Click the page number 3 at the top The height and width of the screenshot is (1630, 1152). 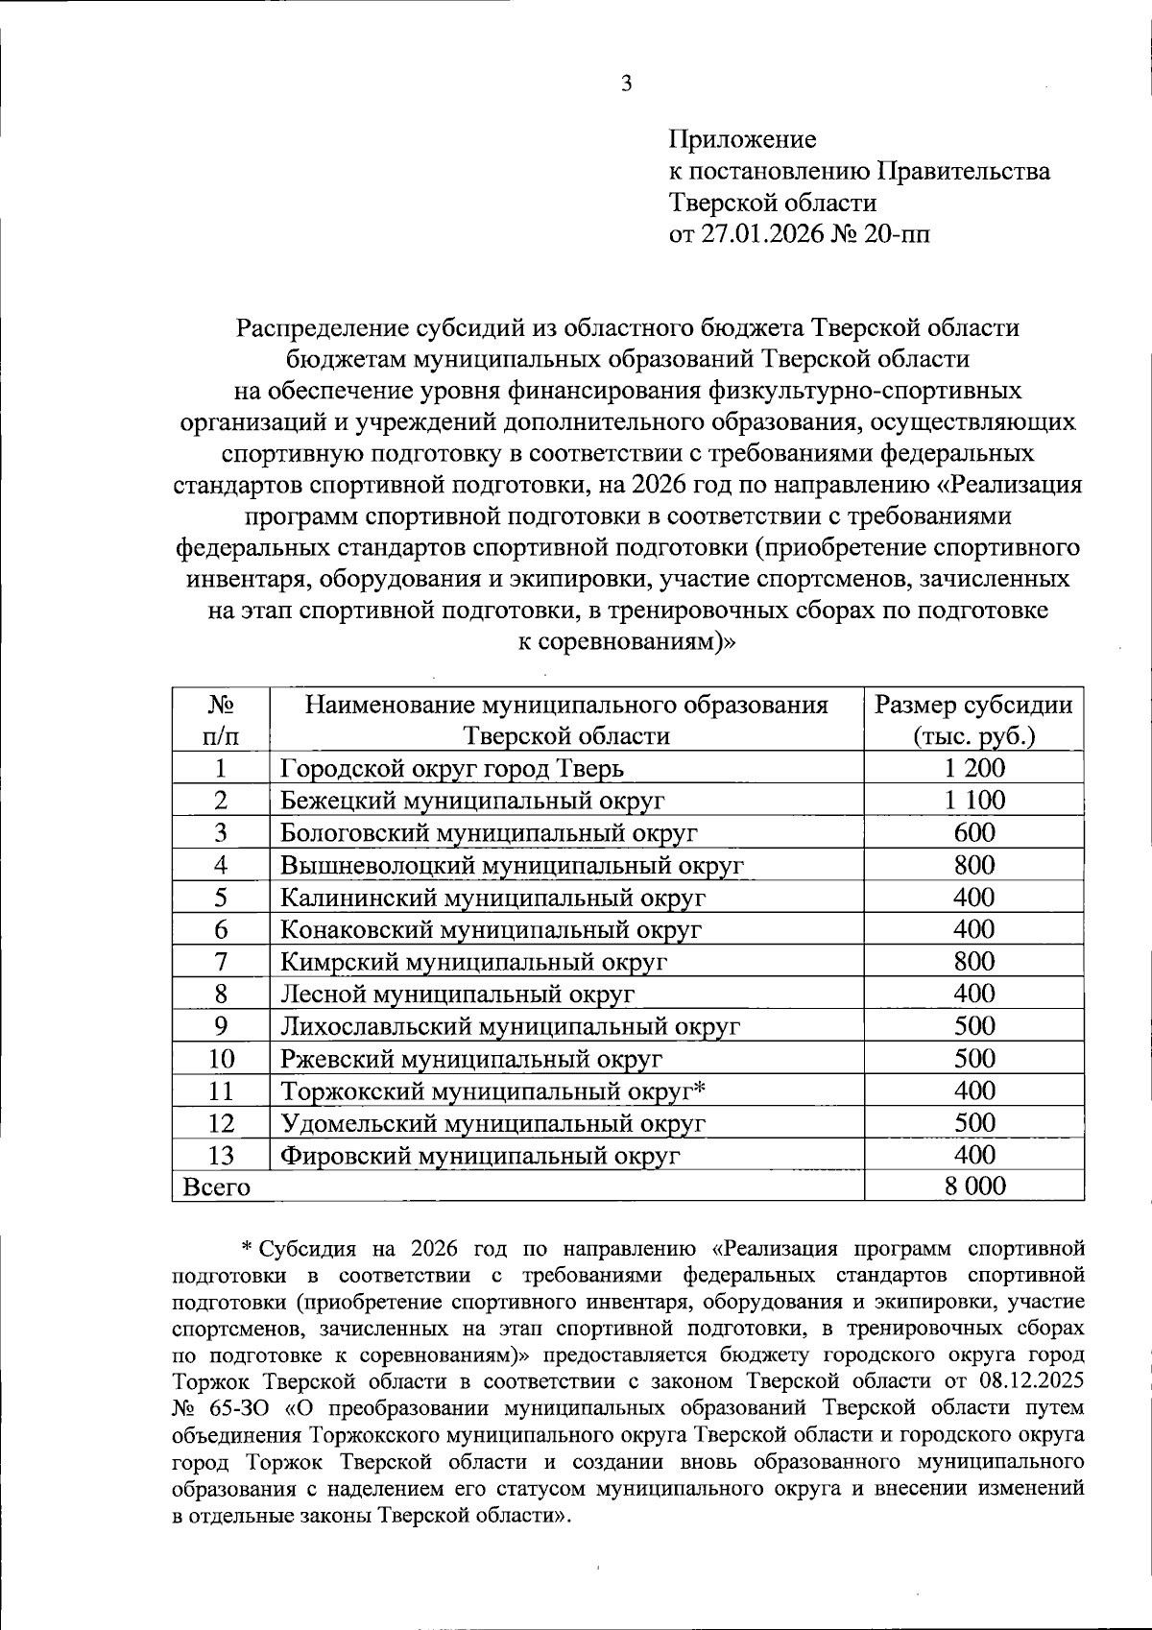tap(627, 84)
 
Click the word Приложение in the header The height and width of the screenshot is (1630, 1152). tap(742, 140)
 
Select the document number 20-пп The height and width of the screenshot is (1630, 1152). tap(897, 234)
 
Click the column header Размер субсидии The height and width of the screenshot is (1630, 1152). tap(973, 706)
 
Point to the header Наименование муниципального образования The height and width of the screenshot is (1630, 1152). tap(566, 706)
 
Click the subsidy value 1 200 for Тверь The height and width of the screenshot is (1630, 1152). tap(973, 768)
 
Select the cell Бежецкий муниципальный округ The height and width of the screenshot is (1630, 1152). tap(472, 801)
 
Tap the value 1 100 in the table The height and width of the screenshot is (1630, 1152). tap(973, 801)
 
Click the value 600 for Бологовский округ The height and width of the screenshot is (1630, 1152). tap(973, 832)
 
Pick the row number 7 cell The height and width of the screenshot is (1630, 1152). tap(221, 962)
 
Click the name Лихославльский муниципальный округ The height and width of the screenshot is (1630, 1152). tap(510, 1026)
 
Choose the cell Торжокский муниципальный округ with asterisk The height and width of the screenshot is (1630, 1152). tap(493, 1091)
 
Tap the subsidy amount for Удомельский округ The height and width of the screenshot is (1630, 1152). tap(973, 1123)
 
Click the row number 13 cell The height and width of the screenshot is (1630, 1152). tap(221, 1156)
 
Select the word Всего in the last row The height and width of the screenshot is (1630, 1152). tap(217, 1187)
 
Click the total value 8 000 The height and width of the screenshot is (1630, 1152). tap(973, 1187)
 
